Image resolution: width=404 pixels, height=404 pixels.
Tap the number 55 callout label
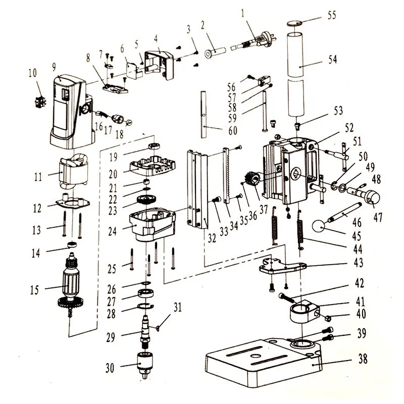pyautogui.click(x=332, y=16)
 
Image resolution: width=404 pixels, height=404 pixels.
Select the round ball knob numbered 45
pyautogui.click(x=319, y=226)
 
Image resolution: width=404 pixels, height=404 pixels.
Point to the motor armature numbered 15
pyautogui.click(x=70, y=284)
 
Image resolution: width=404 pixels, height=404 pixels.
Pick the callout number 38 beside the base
pyautogui.click(x=363, y=359)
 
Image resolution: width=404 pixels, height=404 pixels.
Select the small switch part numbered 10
pyautogui.click(x=40, y=102)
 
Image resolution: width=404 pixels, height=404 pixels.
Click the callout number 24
pyautogui.click(x=112, y=231)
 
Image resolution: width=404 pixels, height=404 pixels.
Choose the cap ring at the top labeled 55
pyautogui.click(x=295, y=23)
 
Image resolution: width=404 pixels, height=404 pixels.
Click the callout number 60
pyautogui.click(x=233, y=130)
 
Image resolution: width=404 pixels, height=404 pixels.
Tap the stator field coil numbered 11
pyautogui.click(x=74, y=170)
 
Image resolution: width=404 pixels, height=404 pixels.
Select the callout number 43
pyautogui.click(x=359, y=263)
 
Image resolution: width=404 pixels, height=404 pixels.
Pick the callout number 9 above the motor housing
pyautogui.click(x=54, y=67)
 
